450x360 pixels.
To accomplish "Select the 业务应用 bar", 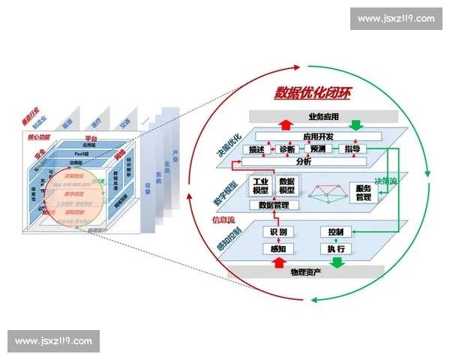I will (x=323, y=117).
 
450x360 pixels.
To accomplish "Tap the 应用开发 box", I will (x=318, y=136).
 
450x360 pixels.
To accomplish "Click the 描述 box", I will (x=256, y=149).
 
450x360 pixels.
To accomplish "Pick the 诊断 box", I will (x=287, y=149).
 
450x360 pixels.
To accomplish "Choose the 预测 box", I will (x=319, y=149).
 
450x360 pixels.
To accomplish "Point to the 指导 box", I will (x=352, y=149).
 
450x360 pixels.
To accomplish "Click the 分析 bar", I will (x=304, y=161).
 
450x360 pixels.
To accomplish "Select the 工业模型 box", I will (x=260, y=186).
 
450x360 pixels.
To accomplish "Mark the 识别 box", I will (x=277, y=232).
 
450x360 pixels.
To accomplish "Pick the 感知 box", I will (x=277, y=248).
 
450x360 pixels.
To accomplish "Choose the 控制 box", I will (x=335, y=232).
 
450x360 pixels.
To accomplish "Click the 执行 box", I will (x=335, y=248).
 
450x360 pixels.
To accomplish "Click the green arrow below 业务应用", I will (x=355, y=126).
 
